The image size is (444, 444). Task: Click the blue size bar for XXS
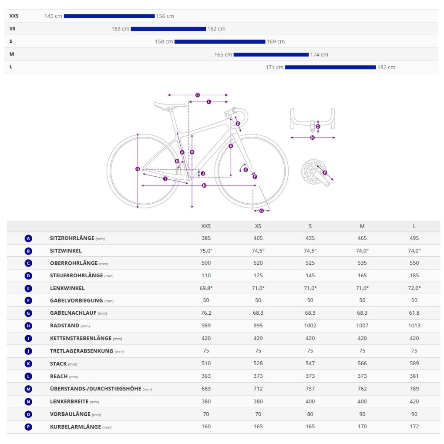coord(109,16)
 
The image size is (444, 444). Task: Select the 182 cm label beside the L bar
coord(386,67)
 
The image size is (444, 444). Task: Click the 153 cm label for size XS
coord(120,29)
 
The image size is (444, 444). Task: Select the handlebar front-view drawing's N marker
coord(313,138)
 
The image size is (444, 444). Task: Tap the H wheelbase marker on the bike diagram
coord(204,185)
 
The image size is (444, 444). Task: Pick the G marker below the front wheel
coord(262,211)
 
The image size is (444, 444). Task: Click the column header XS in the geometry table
coord(258,226)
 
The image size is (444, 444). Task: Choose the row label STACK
coord(58,363)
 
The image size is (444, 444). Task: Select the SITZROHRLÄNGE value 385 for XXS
coord(206,238)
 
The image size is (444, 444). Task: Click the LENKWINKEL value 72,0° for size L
coord(414,288)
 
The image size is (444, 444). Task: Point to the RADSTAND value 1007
coord(362,326)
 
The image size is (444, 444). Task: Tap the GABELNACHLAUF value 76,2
coord(206,313)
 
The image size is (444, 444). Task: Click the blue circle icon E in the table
coord(28,288)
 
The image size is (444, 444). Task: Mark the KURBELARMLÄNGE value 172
coord(414,427)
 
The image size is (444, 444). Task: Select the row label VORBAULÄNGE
coord(70,414)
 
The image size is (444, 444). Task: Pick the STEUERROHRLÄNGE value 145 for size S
coord(310,276)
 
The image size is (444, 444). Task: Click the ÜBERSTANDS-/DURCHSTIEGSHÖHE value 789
coord(414,389)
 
